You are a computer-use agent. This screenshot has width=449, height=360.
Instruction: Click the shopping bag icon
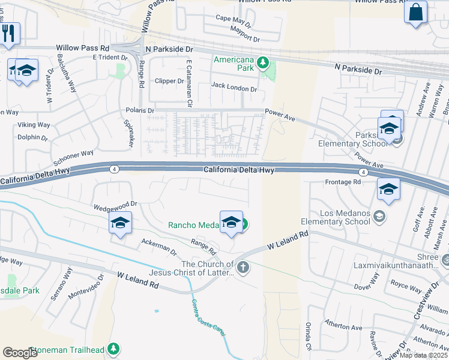(x=415, y=12)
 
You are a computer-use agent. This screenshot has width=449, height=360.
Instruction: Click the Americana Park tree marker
(x=262, y=62)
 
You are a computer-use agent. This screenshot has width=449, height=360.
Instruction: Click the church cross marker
(x=243, y=267)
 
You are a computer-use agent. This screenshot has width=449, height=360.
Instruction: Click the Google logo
(x=20, y=352)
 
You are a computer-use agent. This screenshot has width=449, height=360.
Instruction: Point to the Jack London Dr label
(x=234, y=88)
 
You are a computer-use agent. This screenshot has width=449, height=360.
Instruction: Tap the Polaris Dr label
(x=140, y=110)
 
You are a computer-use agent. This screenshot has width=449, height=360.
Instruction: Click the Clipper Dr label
(x=169, y=80)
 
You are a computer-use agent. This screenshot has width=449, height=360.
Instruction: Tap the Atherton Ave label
(x=344, y=327)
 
